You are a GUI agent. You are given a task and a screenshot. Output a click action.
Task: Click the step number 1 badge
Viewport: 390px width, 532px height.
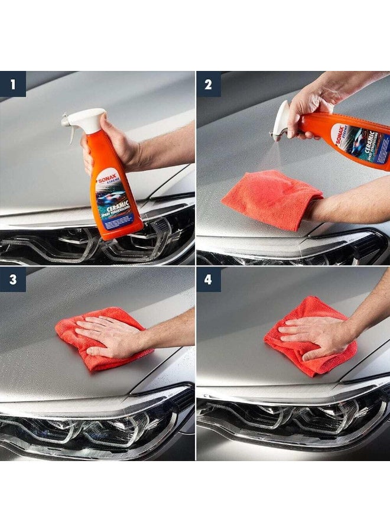pyautogui.click(x=13, y=84)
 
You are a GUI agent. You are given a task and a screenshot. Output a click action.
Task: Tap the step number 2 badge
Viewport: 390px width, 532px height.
pyautogui.click(x=209, y=84)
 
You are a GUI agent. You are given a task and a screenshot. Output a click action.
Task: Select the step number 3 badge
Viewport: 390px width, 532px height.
pyautogui.click(x=13, y=279)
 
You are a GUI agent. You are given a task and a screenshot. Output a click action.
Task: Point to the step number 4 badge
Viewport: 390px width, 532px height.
pyautogui.click(x=209, y=279)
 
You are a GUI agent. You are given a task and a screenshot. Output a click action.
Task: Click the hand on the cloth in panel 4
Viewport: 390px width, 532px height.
pyautogui.click(x=313, y=334)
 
